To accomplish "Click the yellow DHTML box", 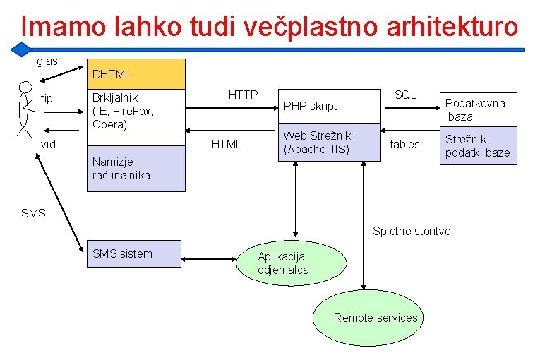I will point(135,73).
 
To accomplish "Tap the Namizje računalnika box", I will point(135,168).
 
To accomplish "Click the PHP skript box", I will point(329,107).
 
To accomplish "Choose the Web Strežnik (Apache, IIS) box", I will point(329,143).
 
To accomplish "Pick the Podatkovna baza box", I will point(478,109).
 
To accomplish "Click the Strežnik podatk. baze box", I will point(478,146).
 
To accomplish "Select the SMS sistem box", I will point(135,253).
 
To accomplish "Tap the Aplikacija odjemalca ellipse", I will point(302,263).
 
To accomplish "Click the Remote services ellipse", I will point(366,318).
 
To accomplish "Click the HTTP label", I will point(243,94).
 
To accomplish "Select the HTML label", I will point(227,144).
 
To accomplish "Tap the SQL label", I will point(405,94).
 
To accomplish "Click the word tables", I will point(404,144).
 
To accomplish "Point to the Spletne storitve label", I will point(411,231).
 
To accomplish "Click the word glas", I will point(47,61).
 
